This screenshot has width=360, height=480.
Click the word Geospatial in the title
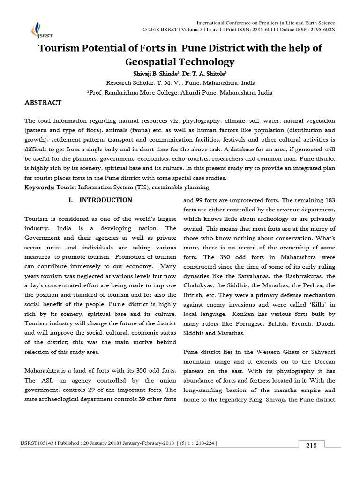[x=152, y=62]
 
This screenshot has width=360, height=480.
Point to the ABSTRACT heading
[x=43, y=103]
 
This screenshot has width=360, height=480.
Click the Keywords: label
[x=39, y=187]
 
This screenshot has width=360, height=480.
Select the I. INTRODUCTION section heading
[x=100, y=200]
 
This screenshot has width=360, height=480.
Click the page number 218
[x=311, y=446]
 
